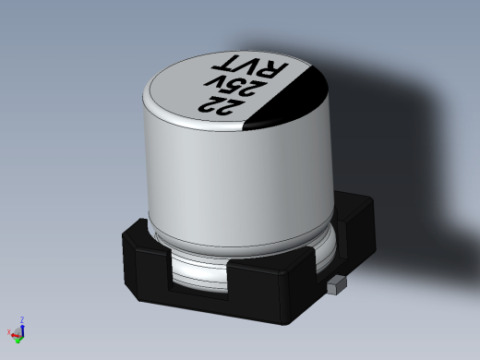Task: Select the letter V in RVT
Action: coord(248,66)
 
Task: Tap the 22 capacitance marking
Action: coord(222,106)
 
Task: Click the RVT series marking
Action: coord(250,67)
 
